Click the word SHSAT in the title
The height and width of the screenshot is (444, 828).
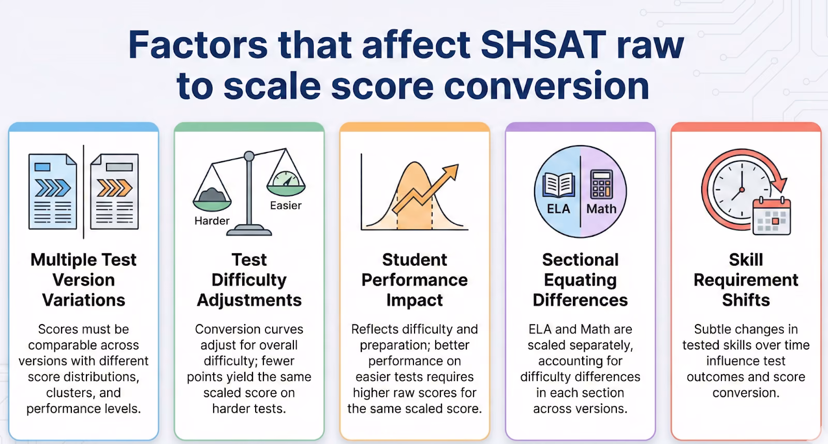(x=543, y=44)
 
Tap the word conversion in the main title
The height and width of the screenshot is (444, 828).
(x=546, y=86)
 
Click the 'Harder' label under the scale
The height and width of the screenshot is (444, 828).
(x=212, y=221)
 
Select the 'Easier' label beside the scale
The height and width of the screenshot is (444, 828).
(x=286, y=206)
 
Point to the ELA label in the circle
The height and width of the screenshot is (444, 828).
(x=558, y=209)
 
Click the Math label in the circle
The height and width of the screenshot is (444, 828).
(x=601, y=209)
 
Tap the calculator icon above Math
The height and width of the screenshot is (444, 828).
(x=601, y=184)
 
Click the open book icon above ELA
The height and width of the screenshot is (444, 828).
(x=558, y=185)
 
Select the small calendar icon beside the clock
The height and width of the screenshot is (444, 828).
(x=772, y=217)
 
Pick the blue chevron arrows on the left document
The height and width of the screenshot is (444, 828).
(x=52, y=188)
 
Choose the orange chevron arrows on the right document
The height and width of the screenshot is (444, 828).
(x=114, y=188)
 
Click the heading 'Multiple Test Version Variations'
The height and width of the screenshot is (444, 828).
(x=83, y=280)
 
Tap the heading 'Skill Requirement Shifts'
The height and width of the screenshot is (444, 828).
(x=746, y=280)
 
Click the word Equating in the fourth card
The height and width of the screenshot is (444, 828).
(x=580, y=280)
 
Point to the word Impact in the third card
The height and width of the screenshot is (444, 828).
(x=415, y=300)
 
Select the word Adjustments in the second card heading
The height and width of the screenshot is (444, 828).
(x=249, y=300)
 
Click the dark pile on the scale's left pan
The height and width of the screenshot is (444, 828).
(x=212, y=194)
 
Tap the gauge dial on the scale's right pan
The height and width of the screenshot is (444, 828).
(x=286, y=179)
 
